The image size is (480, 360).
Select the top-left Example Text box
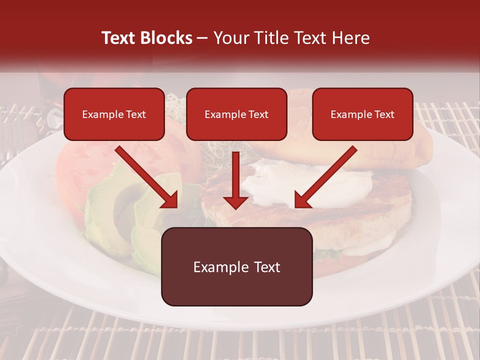[114, 114]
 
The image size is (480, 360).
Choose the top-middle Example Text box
[236, 114]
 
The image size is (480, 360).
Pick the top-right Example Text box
[362, 114]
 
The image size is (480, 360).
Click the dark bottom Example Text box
[236, 267]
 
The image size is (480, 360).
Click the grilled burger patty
[350, 210]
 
